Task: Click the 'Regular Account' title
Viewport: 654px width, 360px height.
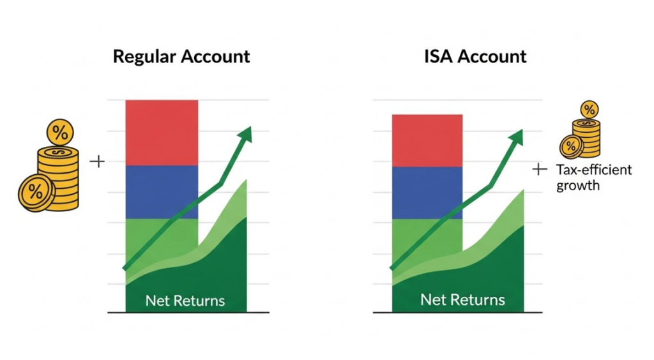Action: coord(181,57)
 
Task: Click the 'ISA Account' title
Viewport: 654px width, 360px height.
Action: coord(475,57)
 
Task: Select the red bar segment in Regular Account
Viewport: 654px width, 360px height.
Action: coord(162,133)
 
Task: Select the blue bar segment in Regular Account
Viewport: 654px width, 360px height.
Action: coord(162,192)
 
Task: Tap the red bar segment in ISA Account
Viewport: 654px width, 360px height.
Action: coord(427,141)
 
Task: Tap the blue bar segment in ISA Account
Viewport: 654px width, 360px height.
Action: coord(427,193)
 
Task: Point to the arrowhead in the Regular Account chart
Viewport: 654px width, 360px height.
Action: coord(245,135)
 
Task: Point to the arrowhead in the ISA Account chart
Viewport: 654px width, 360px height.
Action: coord(515,138)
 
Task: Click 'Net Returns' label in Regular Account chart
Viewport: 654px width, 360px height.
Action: coord(185,301)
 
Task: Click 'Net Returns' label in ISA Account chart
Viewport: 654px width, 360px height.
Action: coord(462,299)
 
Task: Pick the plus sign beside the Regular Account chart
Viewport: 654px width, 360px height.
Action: coord(97,161)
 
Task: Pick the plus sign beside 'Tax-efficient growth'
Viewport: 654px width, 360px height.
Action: coord(540,169)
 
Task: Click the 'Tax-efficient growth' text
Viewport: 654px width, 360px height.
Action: coord(594,177)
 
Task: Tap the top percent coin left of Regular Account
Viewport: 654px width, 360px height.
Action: coord(60,133)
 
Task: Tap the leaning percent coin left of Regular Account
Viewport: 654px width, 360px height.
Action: coord(35,193)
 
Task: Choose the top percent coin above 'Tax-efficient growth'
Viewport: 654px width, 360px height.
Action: coord(589,110)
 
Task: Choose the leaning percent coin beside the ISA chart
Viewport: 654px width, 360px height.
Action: coord(571,147)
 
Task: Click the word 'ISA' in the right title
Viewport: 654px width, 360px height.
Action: coord(438,57)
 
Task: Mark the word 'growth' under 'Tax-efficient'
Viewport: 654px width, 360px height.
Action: coord(578,185)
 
